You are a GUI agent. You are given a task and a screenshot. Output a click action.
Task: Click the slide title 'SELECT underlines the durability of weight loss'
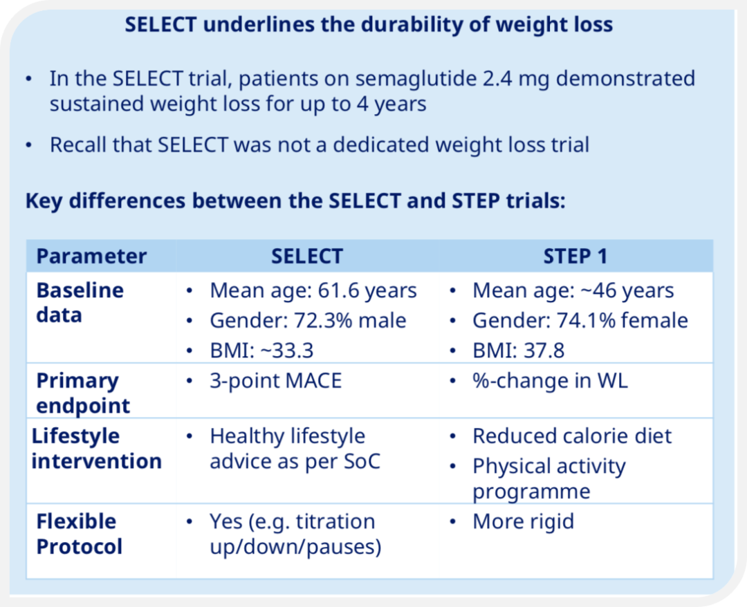pos(369,25)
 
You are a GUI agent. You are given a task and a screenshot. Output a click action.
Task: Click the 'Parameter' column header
pos(91,256)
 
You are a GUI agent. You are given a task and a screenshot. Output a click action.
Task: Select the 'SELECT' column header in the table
pos(307,256)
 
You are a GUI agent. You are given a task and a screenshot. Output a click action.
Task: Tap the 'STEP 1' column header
pos(575,256)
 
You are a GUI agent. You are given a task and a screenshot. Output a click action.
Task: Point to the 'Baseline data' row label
pos(80,303)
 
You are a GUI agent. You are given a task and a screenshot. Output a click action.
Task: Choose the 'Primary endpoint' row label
pos(83,393)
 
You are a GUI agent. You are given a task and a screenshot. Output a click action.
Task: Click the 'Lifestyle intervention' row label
pos(97,449)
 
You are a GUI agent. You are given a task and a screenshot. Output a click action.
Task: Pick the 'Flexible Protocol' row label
pos(80,534)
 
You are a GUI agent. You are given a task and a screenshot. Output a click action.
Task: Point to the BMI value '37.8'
pos(544,351)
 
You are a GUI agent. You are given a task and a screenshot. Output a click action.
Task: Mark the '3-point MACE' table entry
pos(276,381)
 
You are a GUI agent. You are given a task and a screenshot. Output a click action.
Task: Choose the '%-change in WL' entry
pos(551,381)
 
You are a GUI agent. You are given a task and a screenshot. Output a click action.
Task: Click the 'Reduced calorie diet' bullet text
pos(572,436)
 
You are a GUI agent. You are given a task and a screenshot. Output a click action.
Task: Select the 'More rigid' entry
pos(523,522)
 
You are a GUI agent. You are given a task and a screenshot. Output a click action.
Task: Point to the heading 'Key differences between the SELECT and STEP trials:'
pos(295,201)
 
